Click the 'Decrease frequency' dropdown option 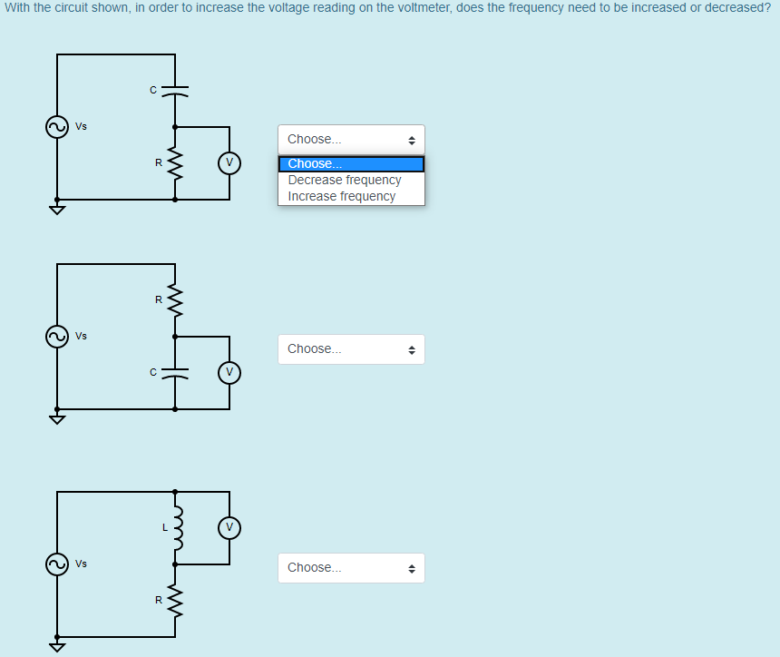click(x=345, y=180)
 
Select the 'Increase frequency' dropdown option click(x=342, y=196)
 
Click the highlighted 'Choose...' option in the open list click(x=350, y=164)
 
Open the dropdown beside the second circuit click(x=351, y=349)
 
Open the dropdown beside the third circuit click(x=351, y=568)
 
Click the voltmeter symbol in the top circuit click(x=229, y=162)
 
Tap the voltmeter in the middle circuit click(x=229, y=372)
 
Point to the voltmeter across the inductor click(x=229, y=526)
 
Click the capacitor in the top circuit click(x=175, y=91)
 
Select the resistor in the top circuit click(x=175, y=164)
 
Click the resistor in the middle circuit click(x=175, y=299)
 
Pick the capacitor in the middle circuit click(x=175, y=372)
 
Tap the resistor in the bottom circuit click(x=175, y=599)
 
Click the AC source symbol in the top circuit click(x=57, y=127)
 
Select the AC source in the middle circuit click(x=57, y=337)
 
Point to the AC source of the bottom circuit click(x=57, y=564)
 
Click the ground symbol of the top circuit click(x=57, y=210)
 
